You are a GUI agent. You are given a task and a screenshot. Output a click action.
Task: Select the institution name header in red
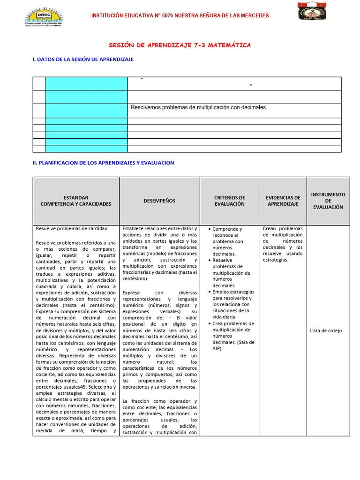[x=180, y=15]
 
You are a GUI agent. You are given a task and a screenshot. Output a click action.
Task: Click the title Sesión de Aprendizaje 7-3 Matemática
[x=180, y=45]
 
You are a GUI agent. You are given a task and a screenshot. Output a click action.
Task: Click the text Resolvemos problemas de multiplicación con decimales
[x=198, y=107]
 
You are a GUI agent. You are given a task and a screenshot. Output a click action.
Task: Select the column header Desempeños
[x=159, y=201]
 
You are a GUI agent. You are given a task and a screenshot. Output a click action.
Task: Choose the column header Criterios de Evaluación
[x=230, y=201]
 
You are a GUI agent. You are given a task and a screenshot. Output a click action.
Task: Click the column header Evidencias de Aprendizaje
[x=283, y=201]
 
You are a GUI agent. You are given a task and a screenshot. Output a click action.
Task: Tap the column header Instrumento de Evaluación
[x=328, y=201]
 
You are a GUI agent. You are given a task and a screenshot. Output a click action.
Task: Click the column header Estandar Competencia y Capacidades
[x=76, y=201]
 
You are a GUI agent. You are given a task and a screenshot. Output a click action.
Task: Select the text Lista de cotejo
[x=326, y=330]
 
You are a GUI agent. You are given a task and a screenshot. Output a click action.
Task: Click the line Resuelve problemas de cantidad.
[x=72, y=229]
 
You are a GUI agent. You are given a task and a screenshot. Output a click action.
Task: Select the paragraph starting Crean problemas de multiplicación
[x=283, y=244]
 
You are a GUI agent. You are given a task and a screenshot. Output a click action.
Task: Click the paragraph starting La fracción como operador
[x=159, y=417]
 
